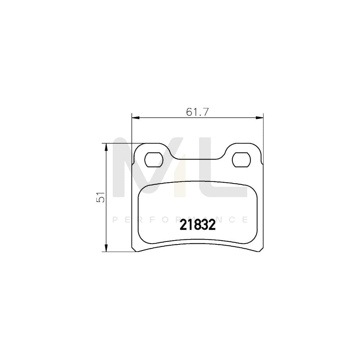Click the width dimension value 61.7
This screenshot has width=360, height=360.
[198, 112]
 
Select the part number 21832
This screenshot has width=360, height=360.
[197, 225]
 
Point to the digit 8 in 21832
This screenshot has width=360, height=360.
[197, 225]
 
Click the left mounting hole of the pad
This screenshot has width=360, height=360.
[154, 159]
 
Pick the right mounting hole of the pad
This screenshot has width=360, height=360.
[241, 159]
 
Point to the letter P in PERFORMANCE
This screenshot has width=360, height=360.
[115, 220]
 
